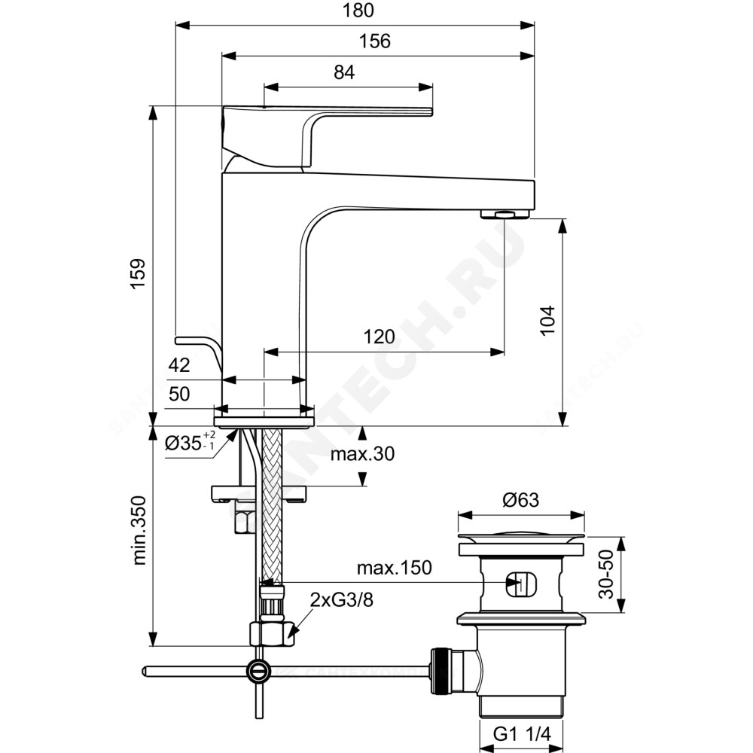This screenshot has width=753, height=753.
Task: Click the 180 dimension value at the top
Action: [x=358, y=10]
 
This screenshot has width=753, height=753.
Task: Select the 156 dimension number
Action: [x=374, y=41]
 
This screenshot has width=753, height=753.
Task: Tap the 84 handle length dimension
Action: [x=344, y=72]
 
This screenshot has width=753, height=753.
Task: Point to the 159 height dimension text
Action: [x=139, y=273]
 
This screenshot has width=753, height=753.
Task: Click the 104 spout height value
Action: [x=548, y=320]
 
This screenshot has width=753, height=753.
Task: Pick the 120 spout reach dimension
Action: [x=379, y=337]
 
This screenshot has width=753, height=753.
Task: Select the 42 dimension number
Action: [x=179, y=365]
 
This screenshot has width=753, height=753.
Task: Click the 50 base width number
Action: [x=179, y=394]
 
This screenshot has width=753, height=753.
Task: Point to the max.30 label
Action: [x=362, y=454]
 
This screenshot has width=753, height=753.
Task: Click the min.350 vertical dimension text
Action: [x=139, y=530]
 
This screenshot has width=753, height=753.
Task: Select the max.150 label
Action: [x=395, y=568]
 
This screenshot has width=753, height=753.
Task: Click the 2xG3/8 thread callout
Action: [x=341, y=600]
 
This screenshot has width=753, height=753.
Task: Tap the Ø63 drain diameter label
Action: [x=521, y=500]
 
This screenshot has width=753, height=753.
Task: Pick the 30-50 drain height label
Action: [x=606, y=574]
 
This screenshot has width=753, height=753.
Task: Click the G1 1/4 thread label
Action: [x=522, y=733]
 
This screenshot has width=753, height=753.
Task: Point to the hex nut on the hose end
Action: [x=272, y=634]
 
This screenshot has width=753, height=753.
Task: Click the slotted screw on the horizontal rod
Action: [x=258, y=670]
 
